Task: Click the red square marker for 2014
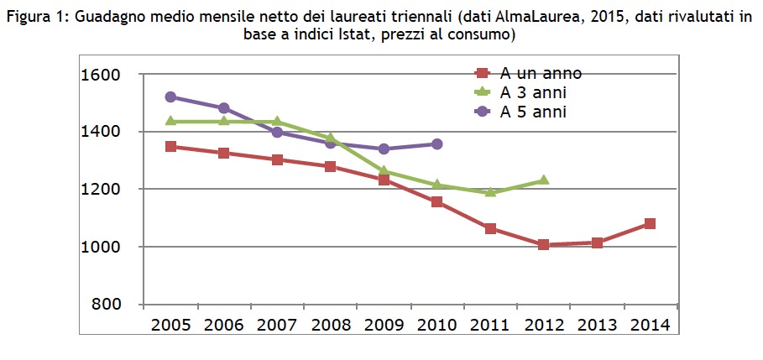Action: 650,224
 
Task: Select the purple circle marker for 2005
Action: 170,97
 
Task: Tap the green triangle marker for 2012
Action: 543,180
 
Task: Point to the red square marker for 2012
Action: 543,245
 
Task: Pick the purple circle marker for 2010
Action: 436,144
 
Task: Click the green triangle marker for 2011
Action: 490,192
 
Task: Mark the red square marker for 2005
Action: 170,147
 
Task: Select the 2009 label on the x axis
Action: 384,325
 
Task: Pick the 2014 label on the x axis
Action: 650,325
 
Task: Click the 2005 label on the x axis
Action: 170,325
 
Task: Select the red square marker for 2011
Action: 490,228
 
